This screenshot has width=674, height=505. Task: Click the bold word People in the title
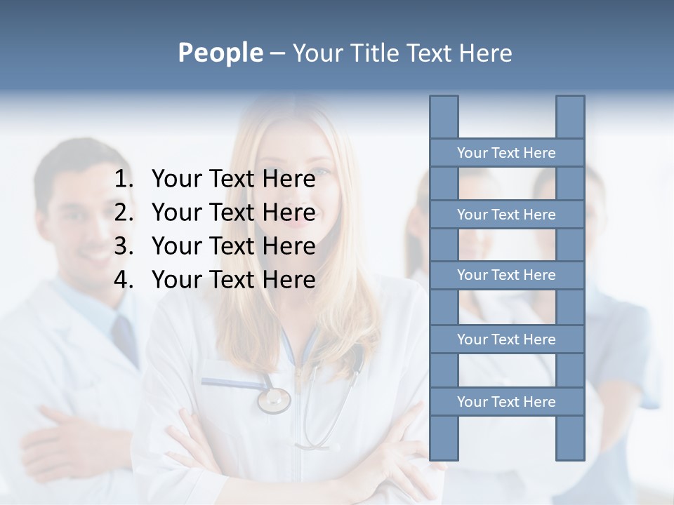[220, 53]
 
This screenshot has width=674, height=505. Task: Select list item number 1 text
[233, 180]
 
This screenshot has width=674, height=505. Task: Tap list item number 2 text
[233, 213]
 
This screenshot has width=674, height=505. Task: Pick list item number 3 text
[233, 246]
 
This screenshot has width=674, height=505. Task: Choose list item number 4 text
[233, 280]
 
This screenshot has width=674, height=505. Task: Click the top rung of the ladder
[506, 153]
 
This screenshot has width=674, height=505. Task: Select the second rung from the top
[506, 215]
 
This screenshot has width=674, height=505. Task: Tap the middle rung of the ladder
[506, 276]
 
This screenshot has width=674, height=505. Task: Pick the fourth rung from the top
[506, 339]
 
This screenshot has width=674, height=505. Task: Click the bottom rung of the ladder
[506, 402]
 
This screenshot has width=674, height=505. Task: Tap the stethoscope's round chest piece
[273, 400]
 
